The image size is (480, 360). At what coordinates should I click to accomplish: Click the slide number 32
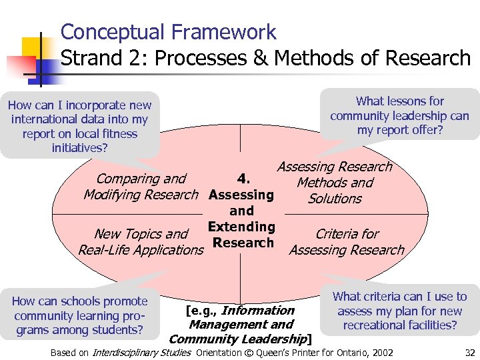[x=469, y=353]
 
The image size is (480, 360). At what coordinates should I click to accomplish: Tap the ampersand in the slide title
[x=257, y=58]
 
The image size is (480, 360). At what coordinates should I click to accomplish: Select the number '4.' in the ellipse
[x=244, y=178]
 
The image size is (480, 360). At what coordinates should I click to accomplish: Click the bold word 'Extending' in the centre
[x=241, y=227]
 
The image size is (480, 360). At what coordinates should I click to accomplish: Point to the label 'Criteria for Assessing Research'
[x=347, y=242]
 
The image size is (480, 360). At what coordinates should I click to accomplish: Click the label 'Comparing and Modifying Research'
[x=141, y=187]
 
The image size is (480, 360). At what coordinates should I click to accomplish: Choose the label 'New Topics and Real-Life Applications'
[x=141, y=242]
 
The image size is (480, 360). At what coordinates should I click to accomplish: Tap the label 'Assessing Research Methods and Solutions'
[x=335, y=183]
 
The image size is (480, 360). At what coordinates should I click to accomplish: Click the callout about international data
[x=79, y=126]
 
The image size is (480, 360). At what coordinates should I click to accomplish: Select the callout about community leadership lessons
[x=399, y=115]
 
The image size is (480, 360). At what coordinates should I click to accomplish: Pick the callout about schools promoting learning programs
[x=79, y=315]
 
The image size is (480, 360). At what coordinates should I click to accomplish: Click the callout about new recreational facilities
[x=399, y=311]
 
